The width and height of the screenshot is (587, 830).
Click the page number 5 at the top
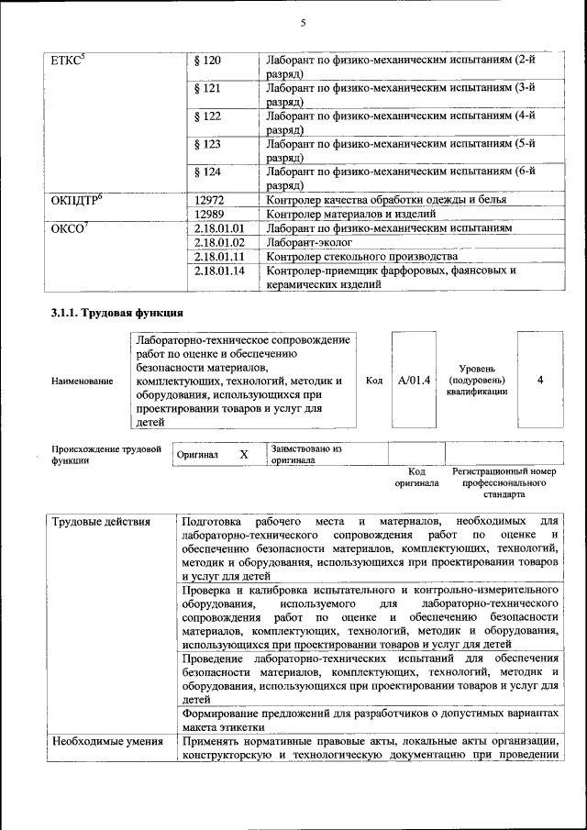click(302, 22)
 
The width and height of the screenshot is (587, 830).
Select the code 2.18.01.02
click(220, 242)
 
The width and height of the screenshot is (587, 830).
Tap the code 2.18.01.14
click(220, 271)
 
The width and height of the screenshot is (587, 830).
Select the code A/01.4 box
click(414, 380)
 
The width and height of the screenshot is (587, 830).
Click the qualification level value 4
click(540, 380)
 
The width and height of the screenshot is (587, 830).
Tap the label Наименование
click(83, 381)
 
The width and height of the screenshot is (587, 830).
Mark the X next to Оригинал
click(243, 454)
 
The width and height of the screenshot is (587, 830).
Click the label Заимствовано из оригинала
click(305, 455)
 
